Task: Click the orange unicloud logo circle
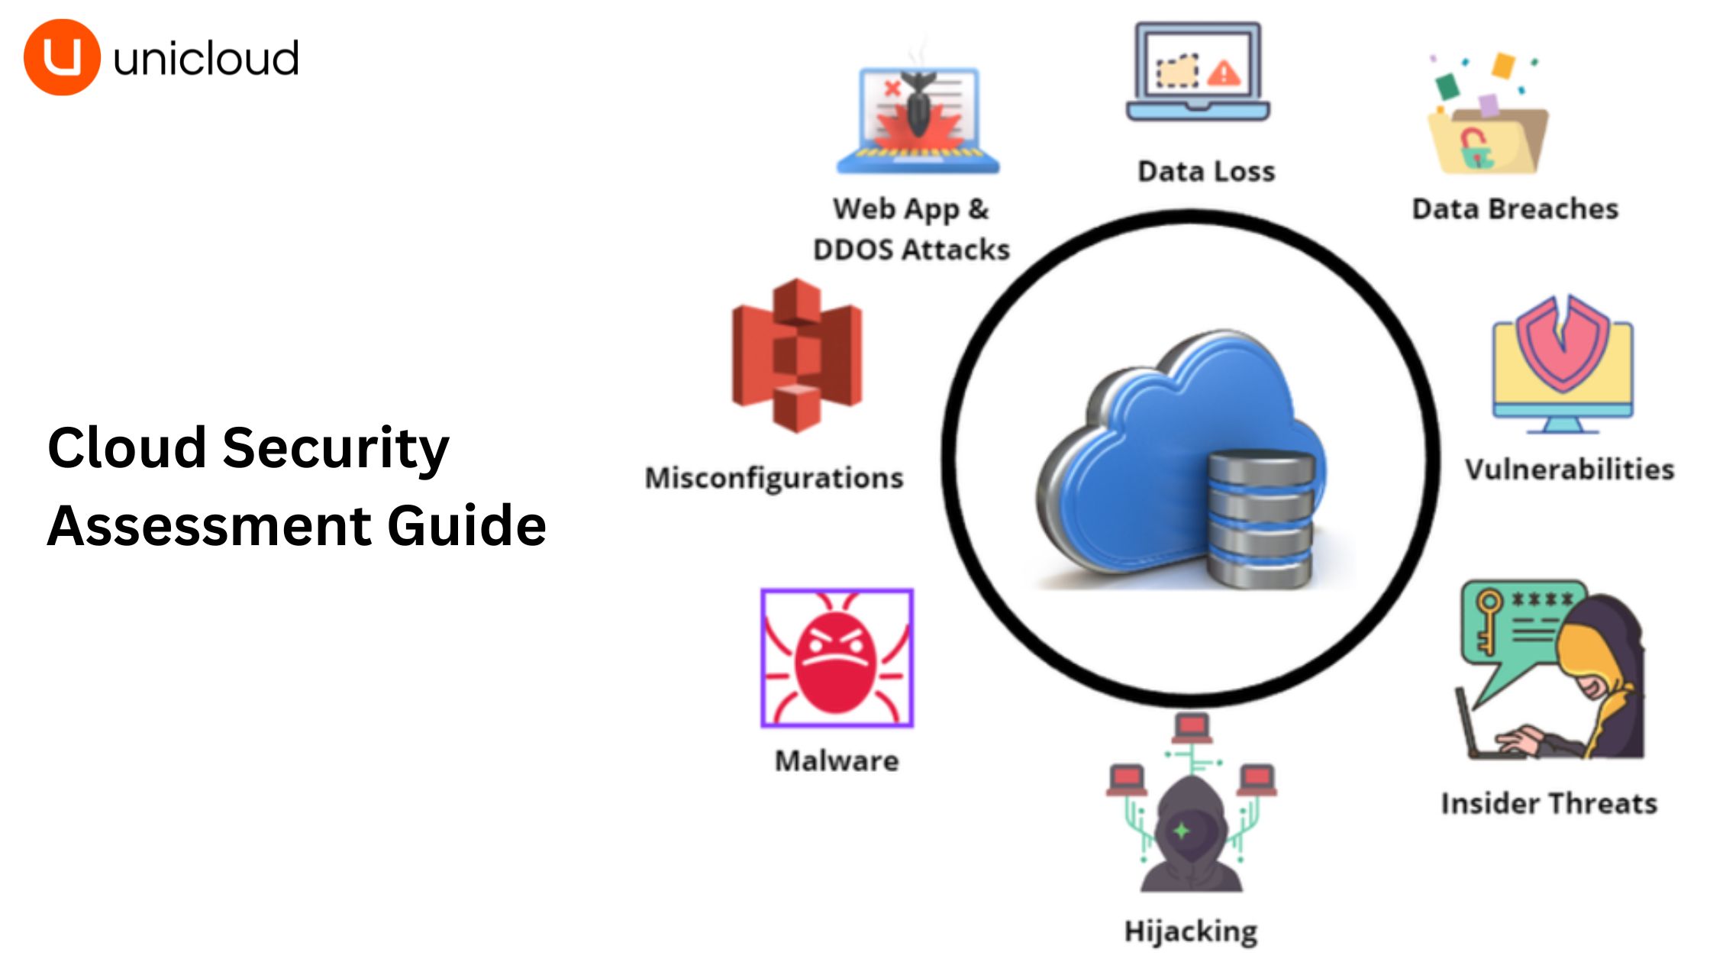62,57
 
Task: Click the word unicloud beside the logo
205,59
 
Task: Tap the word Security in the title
336,448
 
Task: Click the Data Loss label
1206,171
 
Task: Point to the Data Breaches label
1515,208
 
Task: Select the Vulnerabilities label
1569,469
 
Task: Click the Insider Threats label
1548,803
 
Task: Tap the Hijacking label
1191,931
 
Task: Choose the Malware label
837,760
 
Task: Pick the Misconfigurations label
774,478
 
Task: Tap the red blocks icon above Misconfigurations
797,356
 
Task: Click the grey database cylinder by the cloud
1261,519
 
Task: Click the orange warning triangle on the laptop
1224,73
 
